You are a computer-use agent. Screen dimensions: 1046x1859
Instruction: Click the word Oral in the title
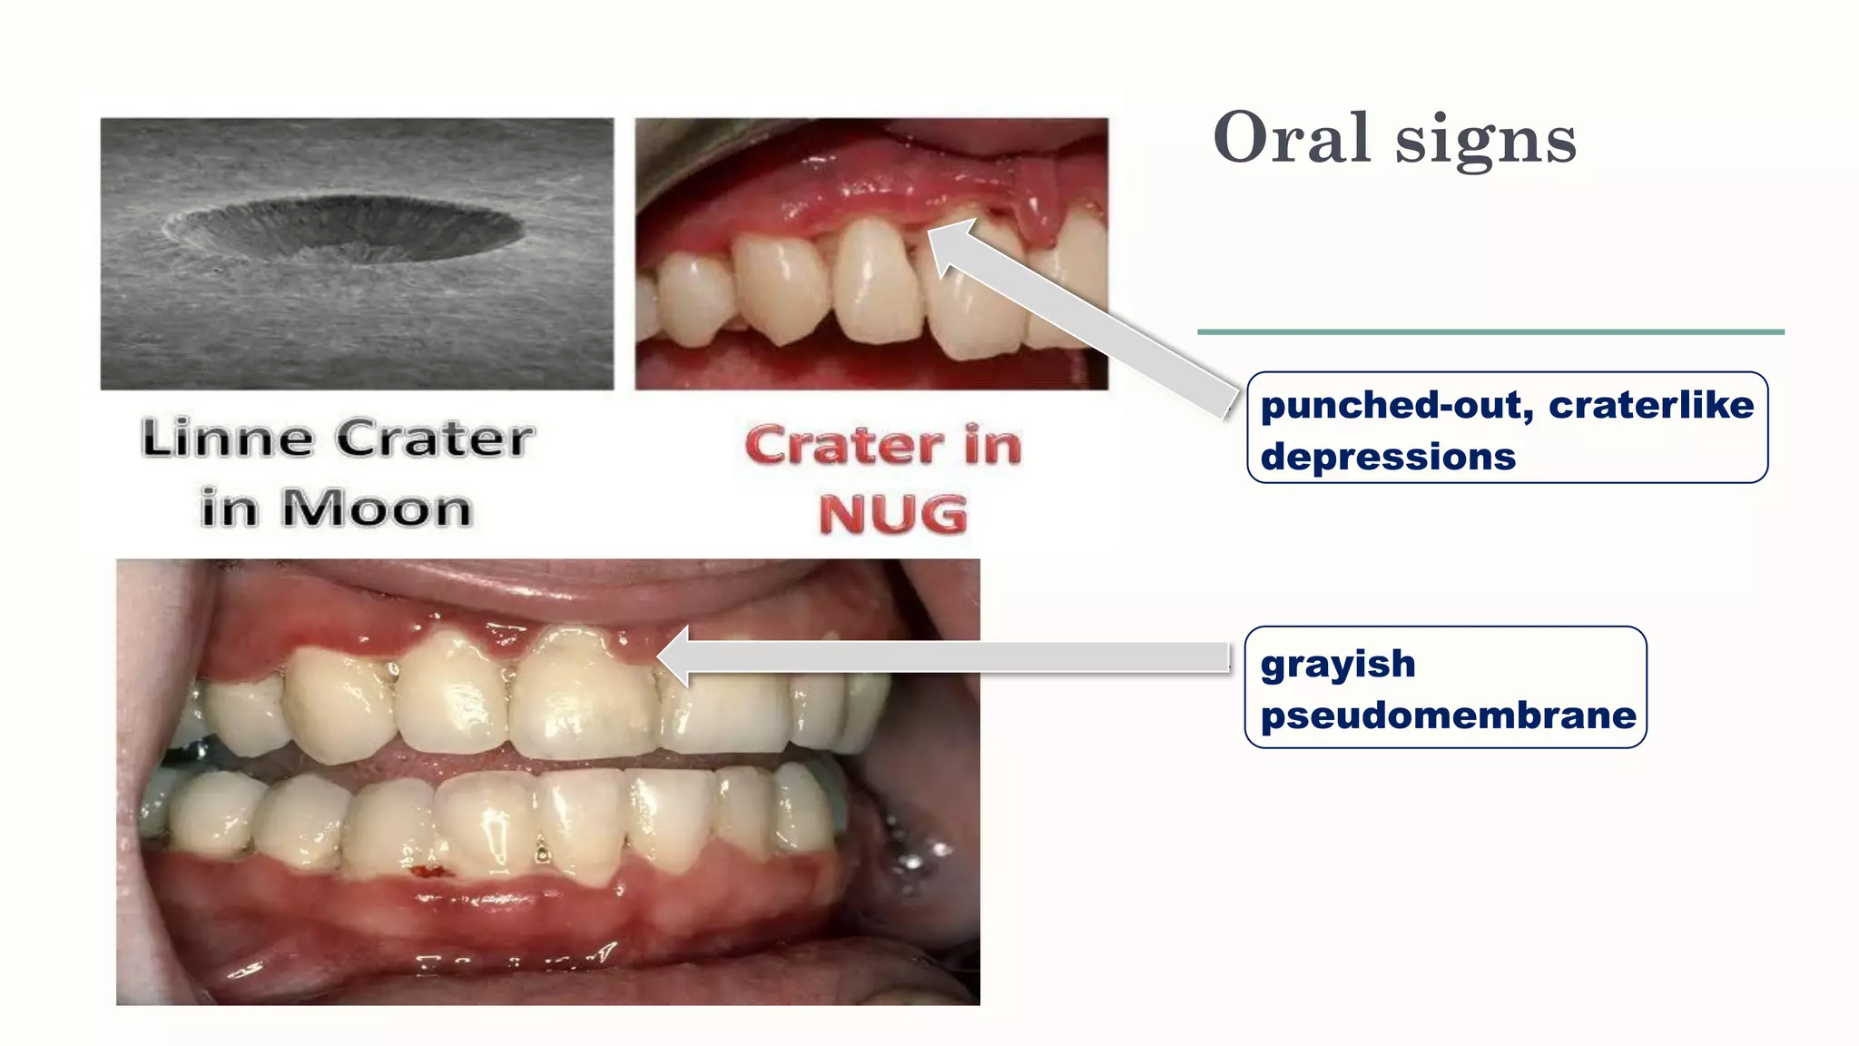click(x=1291, y=138)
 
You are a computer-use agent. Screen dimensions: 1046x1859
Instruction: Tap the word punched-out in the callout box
click(x=1396, y=405)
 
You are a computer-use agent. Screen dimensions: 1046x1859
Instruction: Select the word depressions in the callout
click(x=1388, y=457)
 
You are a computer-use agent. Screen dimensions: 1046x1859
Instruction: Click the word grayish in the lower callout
click(x=1337, y=664)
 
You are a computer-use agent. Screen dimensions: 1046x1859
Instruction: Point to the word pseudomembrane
click(x=1448, y=715)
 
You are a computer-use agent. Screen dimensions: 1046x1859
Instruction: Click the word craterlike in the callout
click(x=1651, y=405)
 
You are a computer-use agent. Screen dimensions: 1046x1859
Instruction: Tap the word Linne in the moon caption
click(x=228, y=439)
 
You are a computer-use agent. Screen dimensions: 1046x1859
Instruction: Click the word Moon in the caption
click(x=377, y=508)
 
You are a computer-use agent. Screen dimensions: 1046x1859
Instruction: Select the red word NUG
click(x=893, y=515)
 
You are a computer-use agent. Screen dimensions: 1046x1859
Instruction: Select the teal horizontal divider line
click(x=1490, y=332)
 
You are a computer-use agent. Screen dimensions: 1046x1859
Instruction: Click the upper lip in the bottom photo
click(x=545, y=586)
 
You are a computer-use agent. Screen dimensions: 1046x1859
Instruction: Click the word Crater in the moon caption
click(x=435, y=439)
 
